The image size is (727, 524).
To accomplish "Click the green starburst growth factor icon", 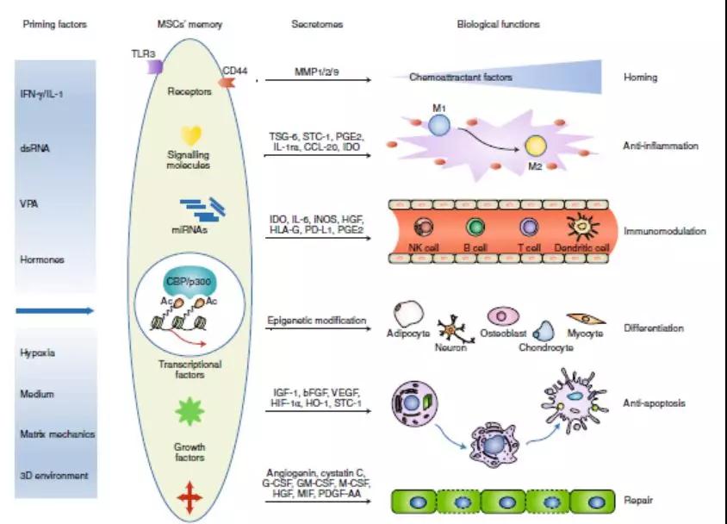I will [190, 412].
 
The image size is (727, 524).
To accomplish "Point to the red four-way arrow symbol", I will [190, 498].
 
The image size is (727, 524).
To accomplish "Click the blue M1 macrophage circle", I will [439, 125].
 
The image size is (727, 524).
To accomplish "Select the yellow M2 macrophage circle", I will [536, 146].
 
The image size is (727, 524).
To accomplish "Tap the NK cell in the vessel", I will [425, 227].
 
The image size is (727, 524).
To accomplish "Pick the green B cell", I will [475, 227].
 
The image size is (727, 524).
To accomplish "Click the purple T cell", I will [529, 227].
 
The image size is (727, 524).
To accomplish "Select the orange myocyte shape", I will [585, 319].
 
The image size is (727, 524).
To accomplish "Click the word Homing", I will [640, 78].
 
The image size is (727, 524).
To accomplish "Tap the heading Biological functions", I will [498, 24].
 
